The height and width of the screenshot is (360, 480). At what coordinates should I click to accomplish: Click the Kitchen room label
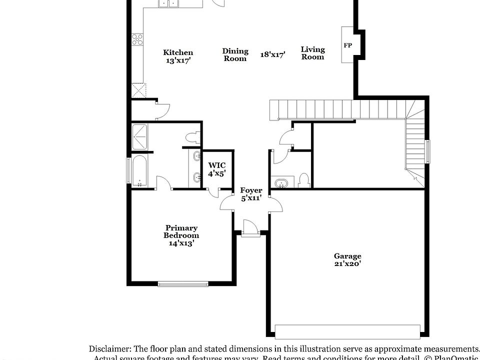click(x=178, y=52)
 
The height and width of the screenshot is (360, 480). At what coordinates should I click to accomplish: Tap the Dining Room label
click(x=235, y=54)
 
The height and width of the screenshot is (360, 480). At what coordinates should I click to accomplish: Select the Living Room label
click(x=312, y=53)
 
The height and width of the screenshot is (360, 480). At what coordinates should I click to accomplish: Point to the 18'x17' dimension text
click(x=272, y=55)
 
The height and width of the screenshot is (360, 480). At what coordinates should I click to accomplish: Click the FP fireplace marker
click(x=348, y=45)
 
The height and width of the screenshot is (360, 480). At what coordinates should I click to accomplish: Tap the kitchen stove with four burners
click(x=137, y=39)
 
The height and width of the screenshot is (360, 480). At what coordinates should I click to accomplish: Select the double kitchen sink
click(x=169, y=3)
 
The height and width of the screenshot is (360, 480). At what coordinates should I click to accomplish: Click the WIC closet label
click(x=217, y=165)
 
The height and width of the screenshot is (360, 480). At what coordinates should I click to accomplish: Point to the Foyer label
click(x=251, y=190)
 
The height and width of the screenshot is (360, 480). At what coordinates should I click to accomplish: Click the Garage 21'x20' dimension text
click(x=347, y=263)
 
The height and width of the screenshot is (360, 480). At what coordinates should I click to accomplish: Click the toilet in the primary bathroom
click(x=192, y=137)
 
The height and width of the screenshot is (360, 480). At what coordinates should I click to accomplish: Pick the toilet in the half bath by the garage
click(x=303, y=180)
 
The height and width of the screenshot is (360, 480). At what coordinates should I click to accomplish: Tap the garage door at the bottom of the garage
click(x=347, y=332)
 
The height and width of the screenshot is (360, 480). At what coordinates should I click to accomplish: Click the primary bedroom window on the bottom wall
click(x=183, y=284)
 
